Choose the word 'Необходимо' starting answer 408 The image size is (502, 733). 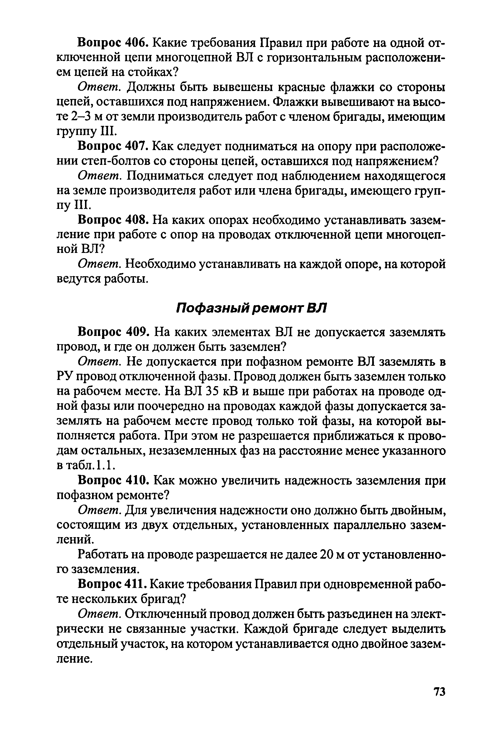[x=160, y=264]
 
